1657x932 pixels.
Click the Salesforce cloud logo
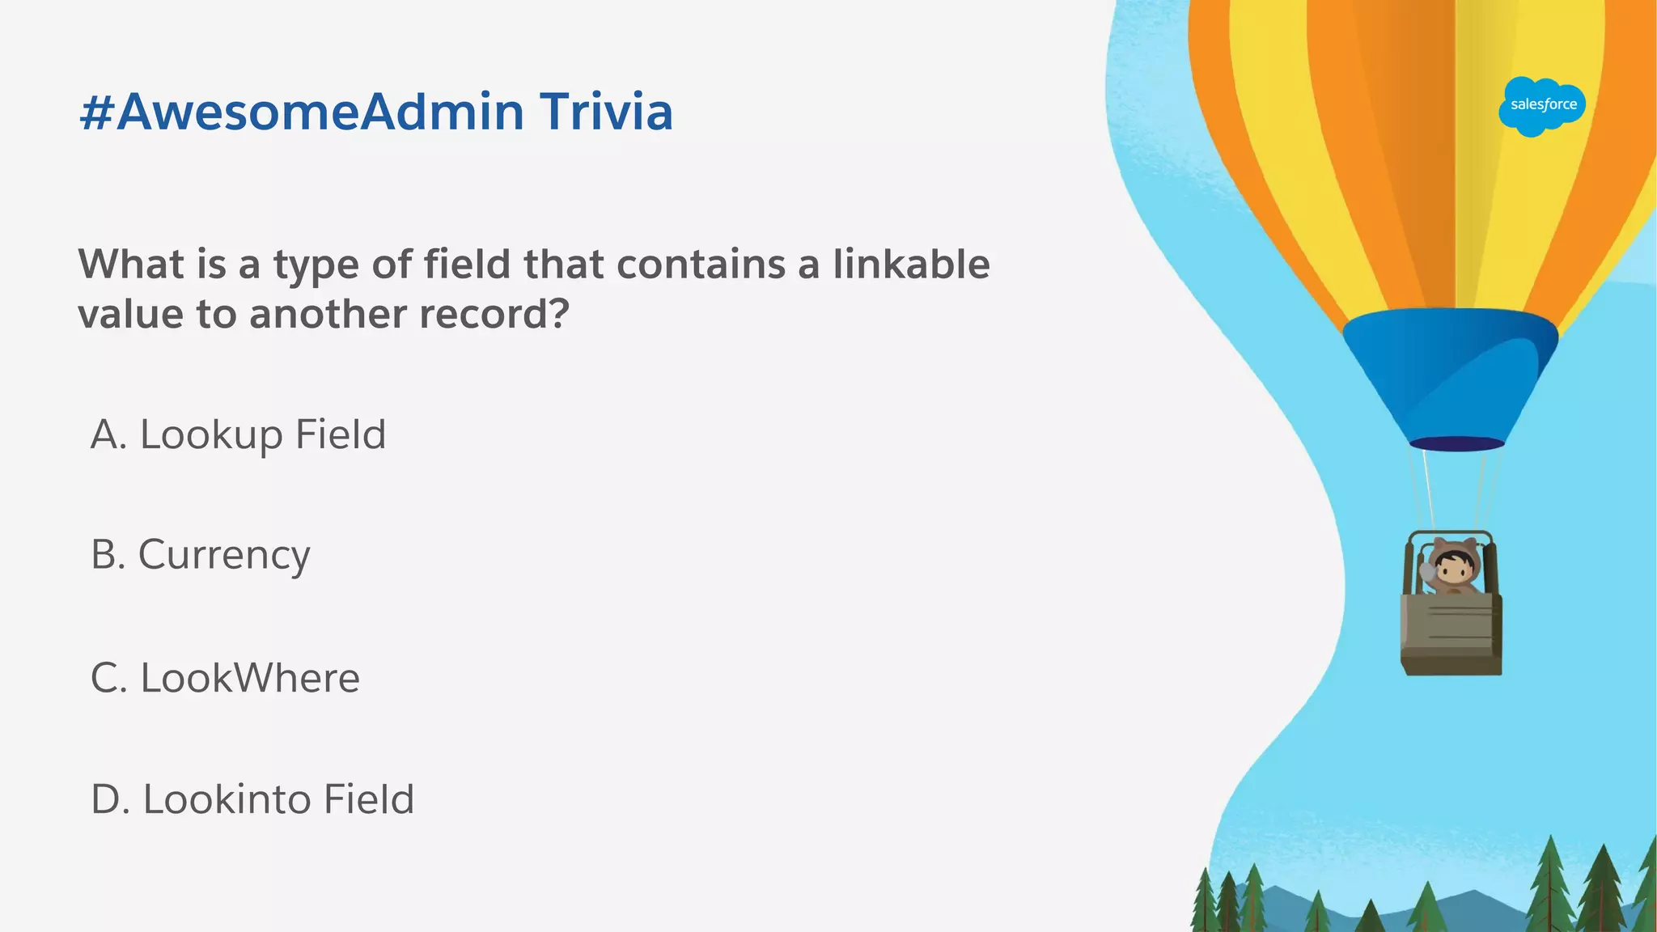1541,106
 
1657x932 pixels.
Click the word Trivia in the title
606,112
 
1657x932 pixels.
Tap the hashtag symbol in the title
96,113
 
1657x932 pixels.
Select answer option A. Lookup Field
238,434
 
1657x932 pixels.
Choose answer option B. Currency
200,555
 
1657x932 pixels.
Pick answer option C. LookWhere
225,678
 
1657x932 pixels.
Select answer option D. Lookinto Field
252,799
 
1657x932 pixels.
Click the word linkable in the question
911,265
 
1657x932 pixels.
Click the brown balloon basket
1451,635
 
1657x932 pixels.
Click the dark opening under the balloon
1456,443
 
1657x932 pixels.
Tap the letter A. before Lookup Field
108,434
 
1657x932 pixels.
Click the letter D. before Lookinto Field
110,799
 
